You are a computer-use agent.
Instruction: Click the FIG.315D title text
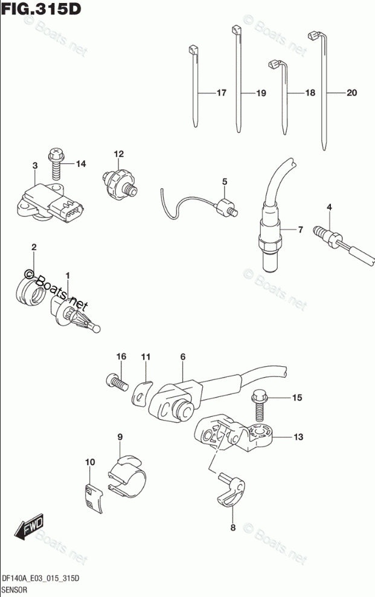[x=41, y=9]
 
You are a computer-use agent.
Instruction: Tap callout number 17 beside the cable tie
[x=220, y=93]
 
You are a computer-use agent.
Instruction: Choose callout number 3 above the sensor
[x=35, y=166]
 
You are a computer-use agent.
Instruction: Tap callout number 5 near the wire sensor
[x=224, y=181]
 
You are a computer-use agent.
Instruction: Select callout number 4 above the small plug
[x=329, y=208]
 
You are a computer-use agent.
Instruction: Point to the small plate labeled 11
[x=141, y=393]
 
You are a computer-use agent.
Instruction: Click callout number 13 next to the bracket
[x=298, y=436]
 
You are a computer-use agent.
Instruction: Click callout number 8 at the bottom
[x=231, y=528]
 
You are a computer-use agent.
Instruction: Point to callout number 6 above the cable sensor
[x=182, y=357]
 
